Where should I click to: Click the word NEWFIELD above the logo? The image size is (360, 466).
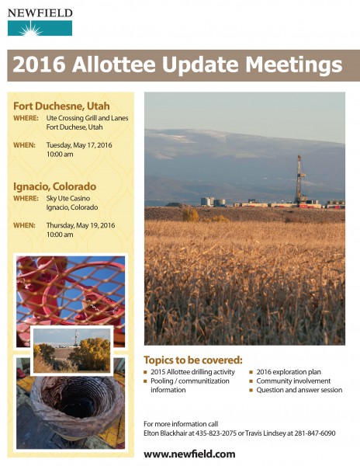tap(40, 12)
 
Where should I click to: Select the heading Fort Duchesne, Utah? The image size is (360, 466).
tap(61, 106)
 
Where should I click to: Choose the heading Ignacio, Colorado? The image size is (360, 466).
tap(54, 186)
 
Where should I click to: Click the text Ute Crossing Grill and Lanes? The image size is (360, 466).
tap(87, 118)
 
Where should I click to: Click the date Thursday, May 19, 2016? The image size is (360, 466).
tap(81, 225)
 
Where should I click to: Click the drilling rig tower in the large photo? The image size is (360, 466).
tap(299, 179)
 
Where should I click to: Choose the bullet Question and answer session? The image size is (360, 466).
tap(299, 390)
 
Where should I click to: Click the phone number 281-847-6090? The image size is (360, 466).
tap(315, 433)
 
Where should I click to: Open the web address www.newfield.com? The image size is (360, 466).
tap(189, 454)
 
